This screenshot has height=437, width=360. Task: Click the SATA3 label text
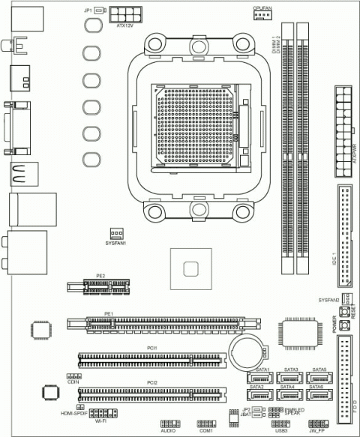(291, 370)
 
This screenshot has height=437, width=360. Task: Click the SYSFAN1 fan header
(116, 233)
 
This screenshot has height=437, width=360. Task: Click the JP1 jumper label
(88, 10)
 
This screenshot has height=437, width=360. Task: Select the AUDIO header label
(169, 433)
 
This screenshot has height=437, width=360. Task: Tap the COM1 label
(206, 433)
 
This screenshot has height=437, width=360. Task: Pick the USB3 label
(281, 433)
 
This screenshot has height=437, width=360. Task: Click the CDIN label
(73, 382)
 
